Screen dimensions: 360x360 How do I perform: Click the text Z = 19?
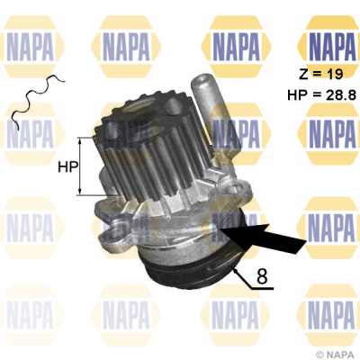coord(320,74)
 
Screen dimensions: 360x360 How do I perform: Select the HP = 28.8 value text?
coord(322,94)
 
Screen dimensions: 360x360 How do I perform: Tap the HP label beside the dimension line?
coord(67,166)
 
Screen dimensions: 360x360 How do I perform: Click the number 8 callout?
coord(262,276)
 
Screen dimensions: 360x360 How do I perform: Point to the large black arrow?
coord(263,238)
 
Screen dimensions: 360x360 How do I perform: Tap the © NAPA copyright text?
coord(335,355)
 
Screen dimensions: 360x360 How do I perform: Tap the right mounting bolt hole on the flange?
coord(233,190)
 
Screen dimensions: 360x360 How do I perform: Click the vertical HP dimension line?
coord(80,166)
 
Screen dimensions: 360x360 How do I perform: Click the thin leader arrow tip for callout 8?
coord(234,268)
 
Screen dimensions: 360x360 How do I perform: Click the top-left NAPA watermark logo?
coord(31,47)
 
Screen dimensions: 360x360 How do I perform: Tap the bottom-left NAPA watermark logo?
coord(31,315)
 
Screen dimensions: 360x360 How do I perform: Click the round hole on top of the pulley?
coord(173,105)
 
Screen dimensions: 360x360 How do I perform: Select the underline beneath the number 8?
coord(263,289)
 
